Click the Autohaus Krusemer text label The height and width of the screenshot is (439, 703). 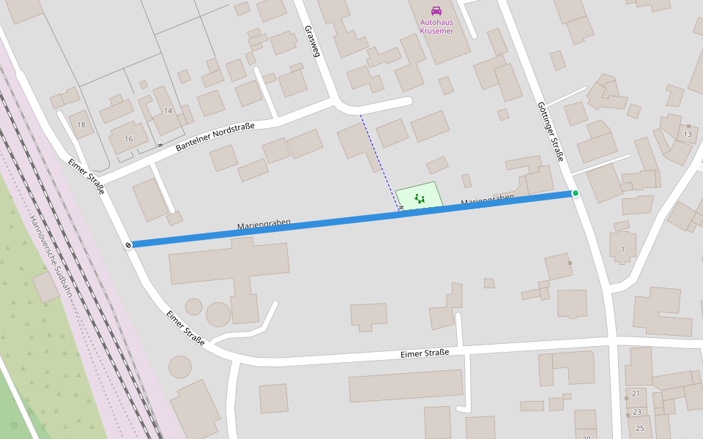436,26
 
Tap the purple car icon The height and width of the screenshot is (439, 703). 436,10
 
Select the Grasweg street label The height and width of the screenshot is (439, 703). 313,41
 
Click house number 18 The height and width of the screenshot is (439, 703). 81,125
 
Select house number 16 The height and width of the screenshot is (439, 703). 129,139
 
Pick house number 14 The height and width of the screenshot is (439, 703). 168,110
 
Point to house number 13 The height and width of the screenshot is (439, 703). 687,135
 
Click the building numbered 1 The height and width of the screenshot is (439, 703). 623,249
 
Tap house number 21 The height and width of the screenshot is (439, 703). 636,394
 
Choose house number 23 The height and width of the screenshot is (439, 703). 637,412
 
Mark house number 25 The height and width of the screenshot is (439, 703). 639,428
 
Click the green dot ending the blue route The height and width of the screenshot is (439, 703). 576,193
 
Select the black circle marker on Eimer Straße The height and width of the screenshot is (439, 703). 128,245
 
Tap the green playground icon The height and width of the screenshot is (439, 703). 420,198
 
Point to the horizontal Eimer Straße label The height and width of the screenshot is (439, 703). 424,353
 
